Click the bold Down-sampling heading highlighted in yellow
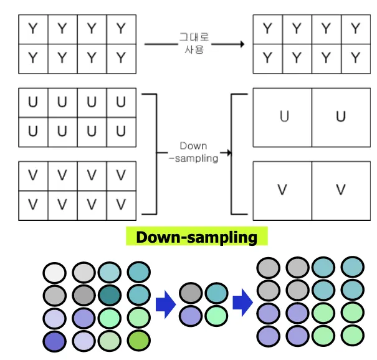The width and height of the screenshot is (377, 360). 196,237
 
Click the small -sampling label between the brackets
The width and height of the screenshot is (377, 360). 193,158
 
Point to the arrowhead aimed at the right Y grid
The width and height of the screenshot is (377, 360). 239,45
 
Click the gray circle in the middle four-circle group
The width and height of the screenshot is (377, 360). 190,293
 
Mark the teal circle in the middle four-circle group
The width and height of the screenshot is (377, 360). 216,293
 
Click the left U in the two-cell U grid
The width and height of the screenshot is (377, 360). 284,117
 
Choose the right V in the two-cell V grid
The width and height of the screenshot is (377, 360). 340,190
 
